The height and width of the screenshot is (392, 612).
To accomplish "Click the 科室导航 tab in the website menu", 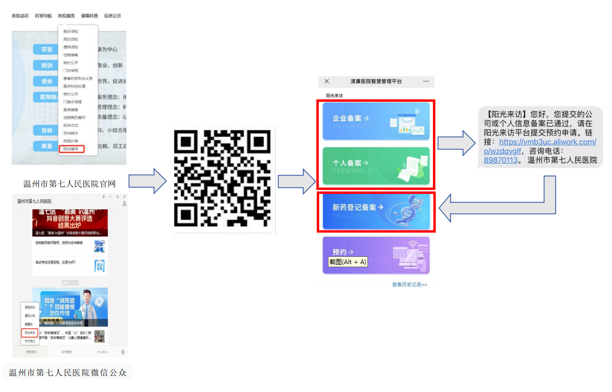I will (x=43, y=16).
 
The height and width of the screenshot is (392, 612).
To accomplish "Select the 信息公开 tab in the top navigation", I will (x=113, y=16).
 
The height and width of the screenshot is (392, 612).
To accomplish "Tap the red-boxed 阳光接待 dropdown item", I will (x=71, y=149).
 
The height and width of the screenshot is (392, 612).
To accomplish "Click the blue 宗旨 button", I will (x=47, y=50).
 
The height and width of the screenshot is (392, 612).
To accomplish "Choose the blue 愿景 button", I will (x=47, y=146).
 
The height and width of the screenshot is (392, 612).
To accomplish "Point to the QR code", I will (x=223, y=178).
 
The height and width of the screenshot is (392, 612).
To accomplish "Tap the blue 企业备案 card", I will (x=376, y=121).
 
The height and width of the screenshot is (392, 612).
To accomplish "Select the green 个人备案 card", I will (x=376, y=166).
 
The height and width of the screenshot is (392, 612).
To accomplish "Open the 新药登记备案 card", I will (x=376, y=210).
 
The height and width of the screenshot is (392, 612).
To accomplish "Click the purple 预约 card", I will (x=376, y=255).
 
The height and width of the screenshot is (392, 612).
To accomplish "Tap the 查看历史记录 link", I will (x=409, y=285).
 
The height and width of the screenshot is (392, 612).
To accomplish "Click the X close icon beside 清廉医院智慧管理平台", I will (x=327, y=81).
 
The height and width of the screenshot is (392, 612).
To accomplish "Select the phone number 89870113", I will (x=501, y=160).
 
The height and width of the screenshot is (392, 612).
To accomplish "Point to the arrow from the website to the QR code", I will (x=147, y=181).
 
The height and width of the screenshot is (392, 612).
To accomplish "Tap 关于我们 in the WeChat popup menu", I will (x=30, y=341).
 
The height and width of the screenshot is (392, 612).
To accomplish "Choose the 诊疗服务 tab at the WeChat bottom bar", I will (x=67, y=352).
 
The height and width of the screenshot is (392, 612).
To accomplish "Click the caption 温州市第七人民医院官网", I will (x=70, y=184).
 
